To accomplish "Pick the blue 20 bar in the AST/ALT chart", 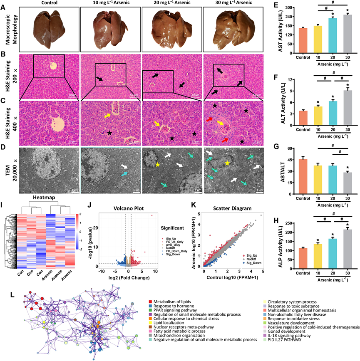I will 332,175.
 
